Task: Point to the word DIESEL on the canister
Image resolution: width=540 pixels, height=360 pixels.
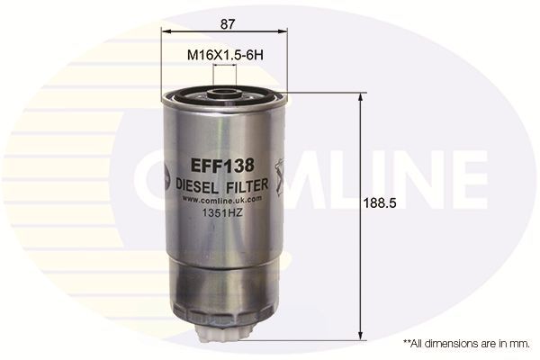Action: (193, 184)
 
